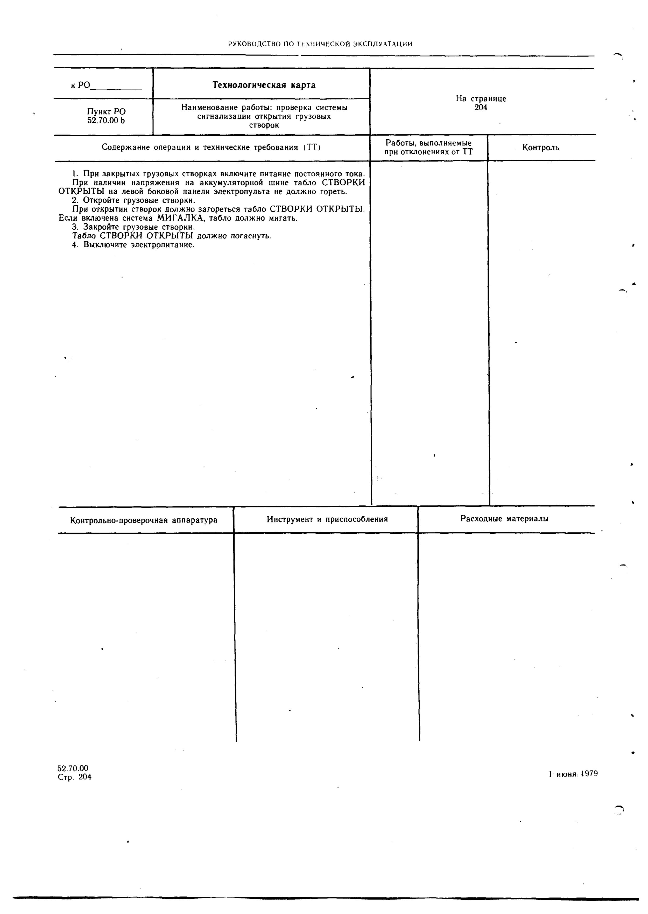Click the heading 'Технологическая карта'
pos(264,85)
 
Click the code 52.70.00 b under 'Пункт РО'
pos(106,120)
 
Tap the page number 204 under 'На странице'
pos(481,108)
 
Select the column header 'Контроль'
pos(541,148)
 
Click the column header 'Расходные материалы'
pos(504,519)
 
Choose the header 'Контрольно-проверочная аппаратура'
pos(144,520)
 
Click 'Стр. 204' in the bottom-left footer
pos(75,777)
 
